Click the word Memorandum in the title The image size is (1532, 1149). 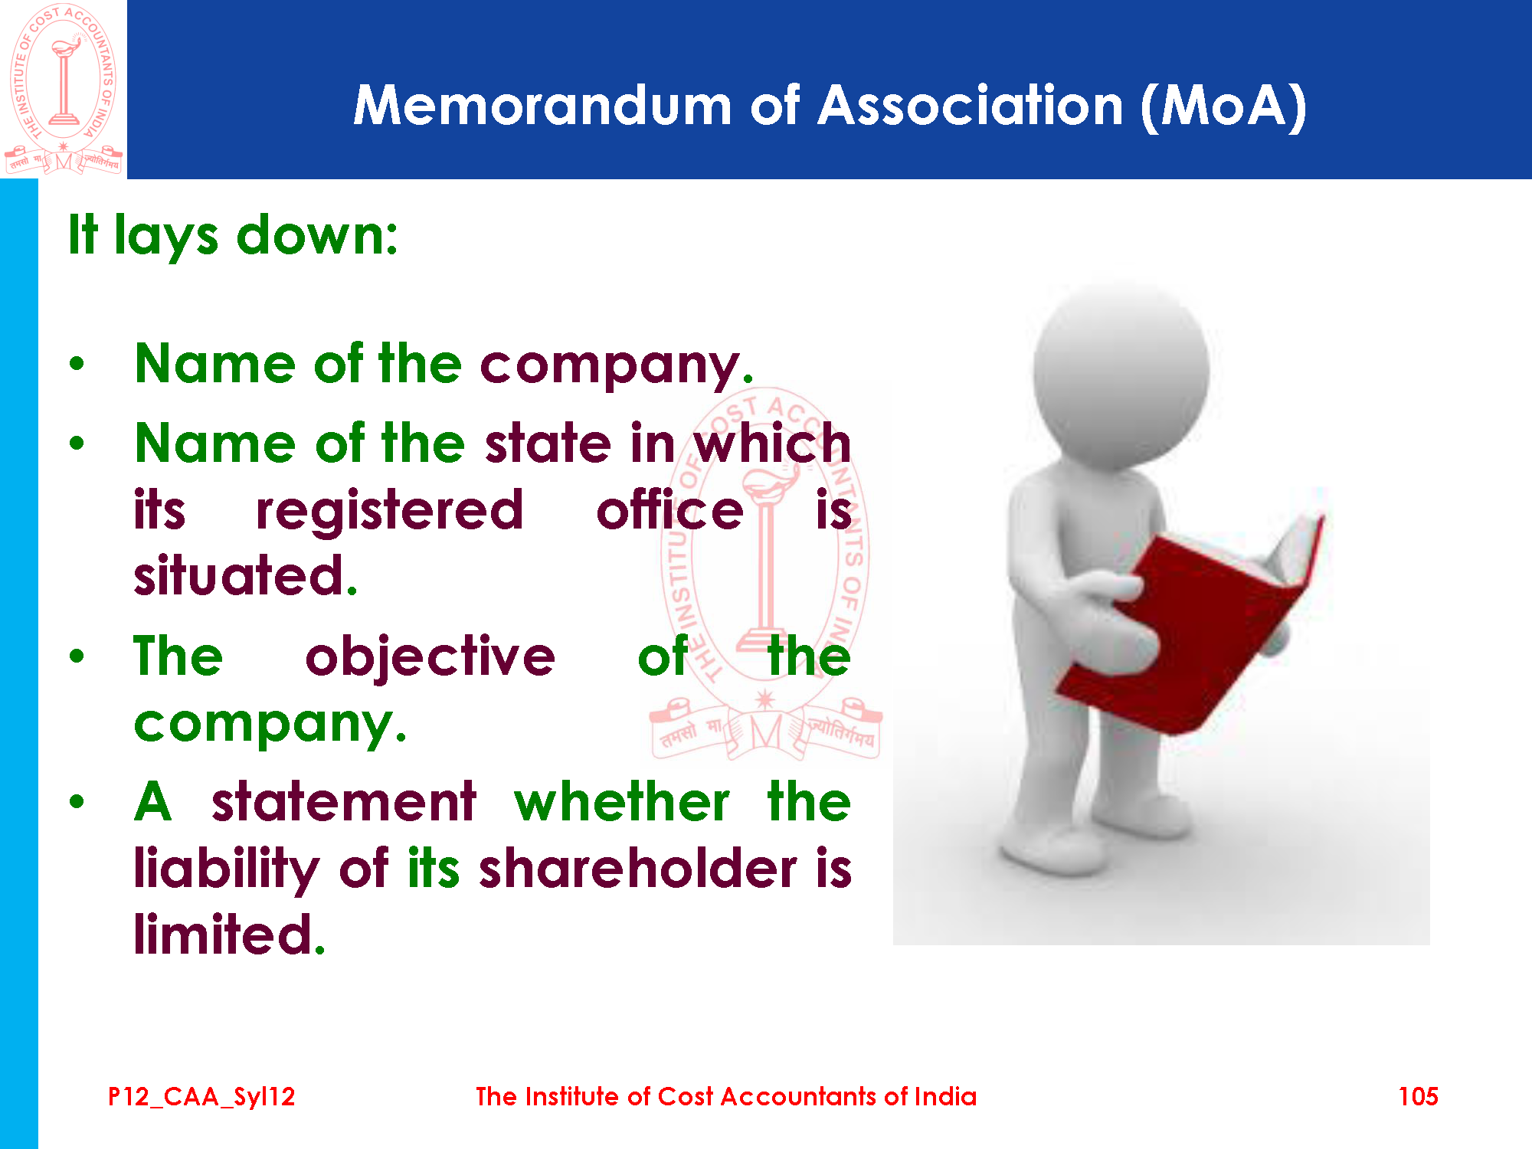coord(542,105)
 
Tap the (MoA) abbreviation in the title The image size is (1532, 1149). coord(1223,106)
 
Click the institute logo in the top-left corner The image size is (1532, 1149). coord(64,89)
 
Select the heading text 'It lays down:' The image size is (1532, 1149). coord(233,236)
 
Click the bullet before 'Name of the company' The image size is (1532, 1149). coord(77,364)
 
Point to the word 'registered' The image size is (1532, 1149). coord(390,511)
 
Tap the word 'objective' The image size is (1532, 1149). coord(430,657)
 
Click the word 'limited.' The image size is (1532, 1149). coord(230,934)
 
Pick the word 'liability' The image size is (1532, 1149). coord(227,871)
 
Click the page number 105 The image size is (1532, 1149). coord(1418,1096)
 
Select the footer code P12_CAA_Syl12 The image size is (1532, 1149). coord(201,1097)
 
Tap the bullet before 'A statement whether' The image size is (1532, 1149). coord(77,802)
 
